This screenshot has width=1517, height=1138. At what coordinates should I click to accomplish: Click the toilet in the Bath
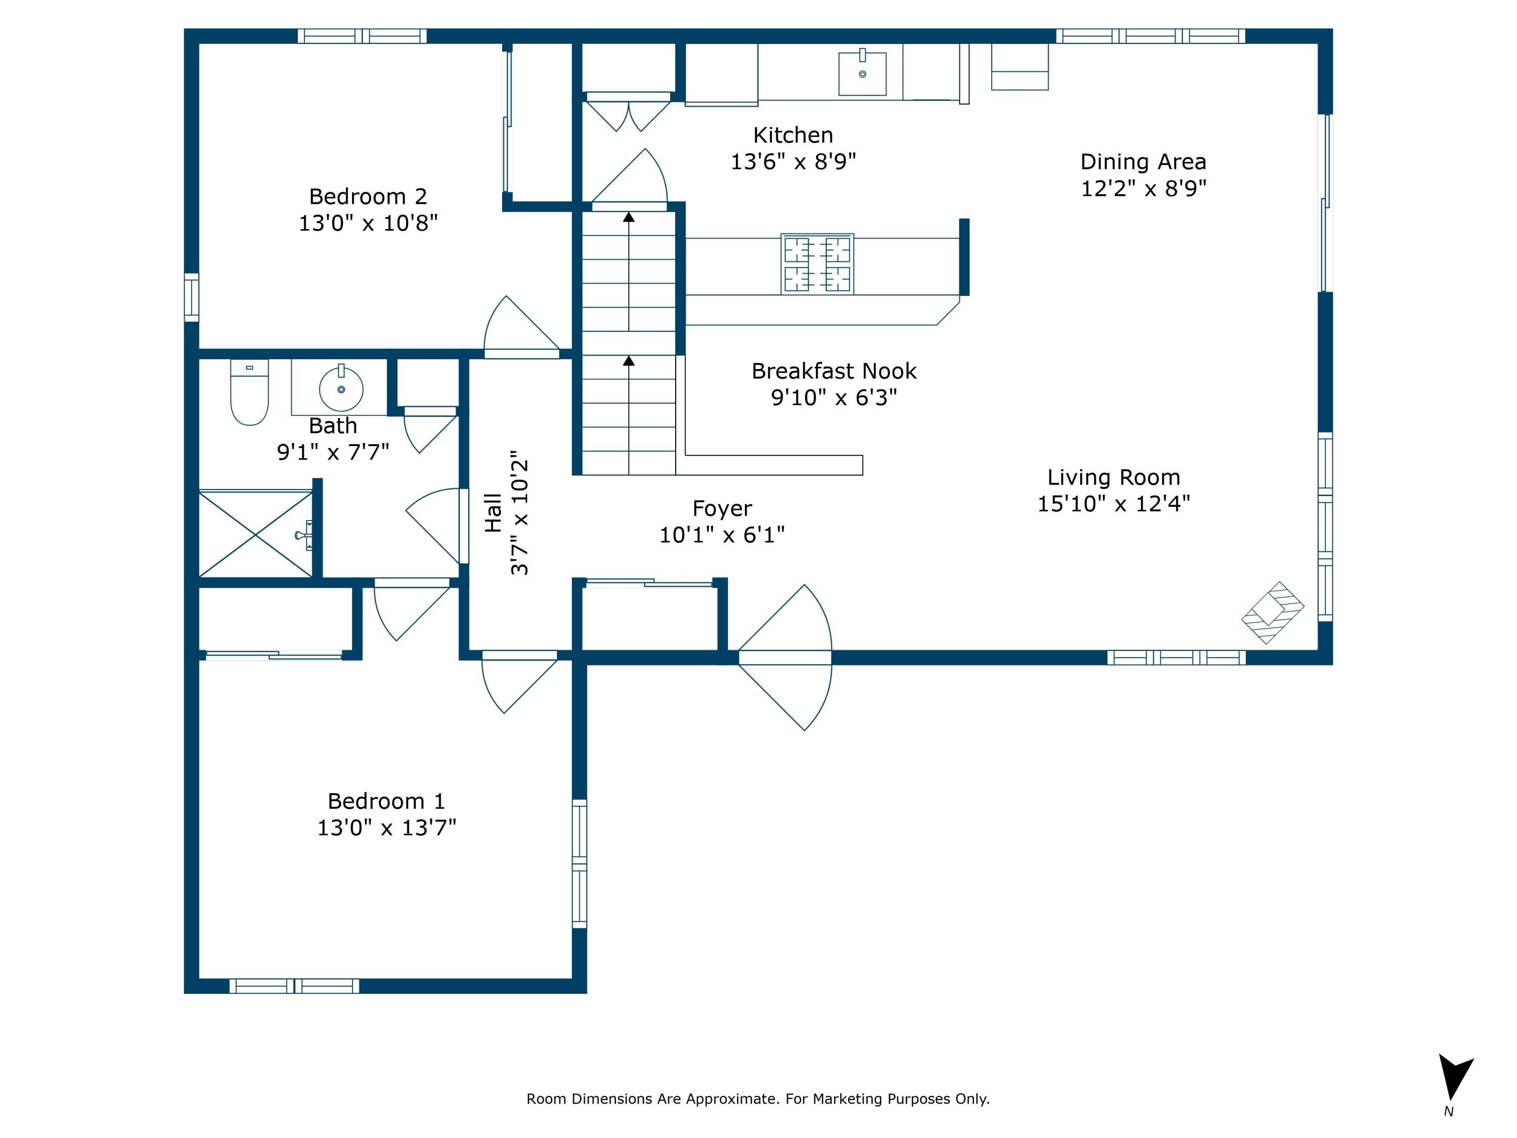coord(249,393)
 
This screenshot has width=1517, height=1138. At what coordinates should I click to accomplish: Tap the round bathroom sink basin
coord(341,389)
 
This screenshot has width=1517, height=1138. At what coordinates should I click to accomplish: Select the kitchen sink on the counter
coord(862,73)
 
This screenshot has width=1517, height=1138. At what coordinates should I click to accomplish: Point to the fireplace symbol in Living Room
coord(1272,612)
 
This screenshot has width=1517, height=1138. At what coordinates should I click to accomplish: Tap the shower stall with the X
coord(255,534)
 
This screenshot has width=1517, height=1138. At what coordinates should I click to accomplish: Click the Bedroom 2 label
coord(368,197)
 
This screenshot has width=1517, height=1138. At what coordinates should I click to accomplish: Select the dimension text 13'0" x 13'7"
coord(386,828)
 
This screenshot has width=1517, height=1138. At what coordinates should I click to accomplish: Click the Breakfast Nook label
coord(833,371)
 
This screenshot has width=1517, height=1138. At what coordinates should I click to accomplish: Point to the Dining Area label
coord(1142,162)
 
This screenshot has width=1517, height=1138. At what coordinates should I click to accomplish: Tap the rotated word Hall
coord(493,513)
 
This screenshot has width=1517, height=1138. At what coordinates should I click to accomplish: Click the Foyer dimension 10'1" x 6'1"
coord(722,535)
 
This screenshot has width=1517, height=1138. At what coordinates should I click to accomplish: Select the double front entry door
coord(785,657)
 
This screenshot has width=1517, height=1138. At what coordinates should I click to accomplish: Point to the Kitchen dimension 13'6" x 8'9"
coord(793,162)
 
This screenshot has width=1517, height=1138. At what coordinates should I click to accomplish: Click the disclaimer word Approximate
coord(732,1099)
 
